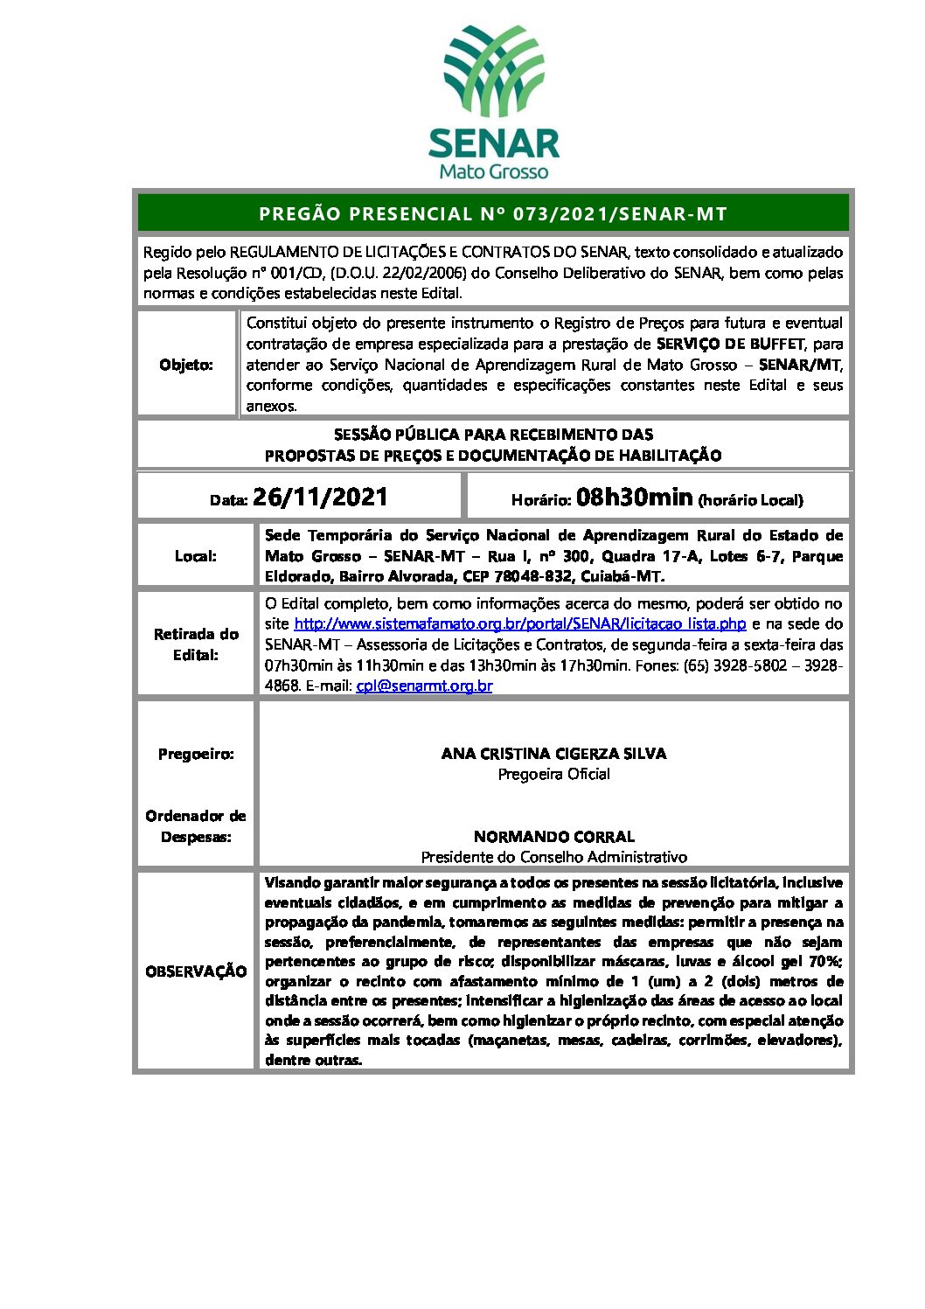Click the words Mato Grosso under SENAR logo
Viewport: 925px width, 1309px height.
pyautogui.click(x=494, y=171)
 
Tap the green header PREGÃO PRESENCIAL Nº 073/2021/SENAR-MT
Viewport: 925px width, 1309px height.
pyautogui.click(x=493, y=213)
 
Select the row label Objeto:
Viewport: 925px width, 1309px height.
pyautogui.click(x=186, y=365)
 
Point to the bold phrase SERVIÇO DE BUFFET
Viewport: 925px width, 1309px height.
pyautogui.click(x=730, y=344)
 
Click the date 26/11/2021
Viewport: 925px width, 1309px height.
pyautogui.click(x=320, y=498)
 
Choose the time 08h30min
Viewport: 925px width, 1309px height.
pyautogui.click(x=635, y=498)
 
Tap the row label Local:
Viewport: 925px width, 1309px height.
pyautogui.click(x=196, y=556)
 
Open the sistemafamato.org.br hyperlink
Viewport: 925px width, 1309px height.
pyautogui.click(x=520, y=623)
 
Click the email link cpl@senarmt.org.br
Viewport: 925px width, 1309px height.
pyautogui.click(x=424, y=686)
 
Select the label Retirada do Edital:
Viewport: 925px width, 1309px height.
pyautogui.click(x=196, y=644)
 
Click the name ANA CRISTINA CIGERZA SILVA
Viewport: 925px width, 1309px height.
pyautogui.click(x=553, y=754)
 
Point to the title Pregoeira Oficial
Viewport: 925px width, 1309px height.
pyautogui.click(x=553, y=774)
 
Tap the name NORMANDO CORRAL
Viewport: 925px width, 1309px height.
pyautogui.click(x=553, y=837)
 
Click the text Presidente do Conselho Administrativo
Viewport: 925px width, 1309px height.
pyautogui.click(x=553, y=857)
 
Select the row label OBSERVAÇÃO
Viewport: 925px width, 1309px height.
pyautogui.click(x=196, y=971)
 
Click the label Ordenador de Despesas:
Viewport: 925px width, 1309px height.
pyautogui.click(x=196, y=826)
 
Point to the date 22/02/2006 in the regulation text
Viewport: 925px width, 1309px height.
pyautogui.click(x=430, y=273)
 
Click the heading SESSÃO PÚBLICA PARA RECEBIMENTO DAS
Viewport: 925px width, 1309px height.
pyautogui.click(x=493, y=435)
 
